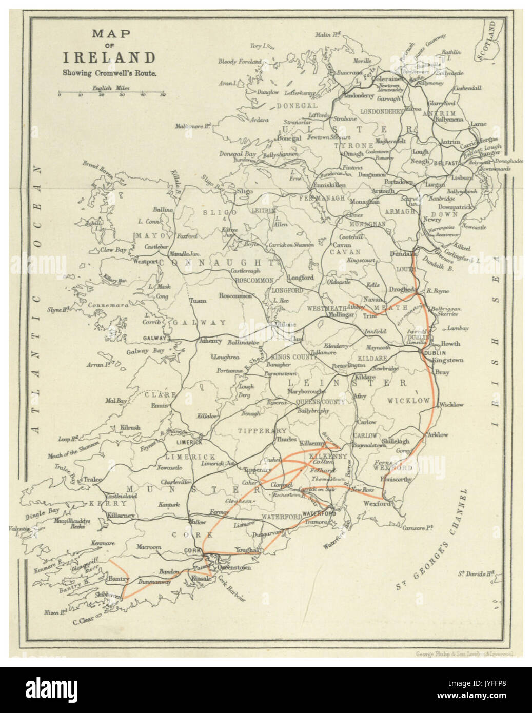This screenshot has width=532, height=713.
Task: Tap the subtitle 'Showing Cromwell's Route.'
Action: [x=109, y=72]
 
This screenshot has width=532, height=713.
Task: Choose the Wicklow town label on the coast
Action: [x=451, y=404]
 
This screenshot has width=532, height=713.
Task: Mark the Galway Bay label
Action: [x=145, y=351]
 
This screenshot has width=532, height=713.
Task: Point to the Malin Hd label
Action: [x=329, y=35]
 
